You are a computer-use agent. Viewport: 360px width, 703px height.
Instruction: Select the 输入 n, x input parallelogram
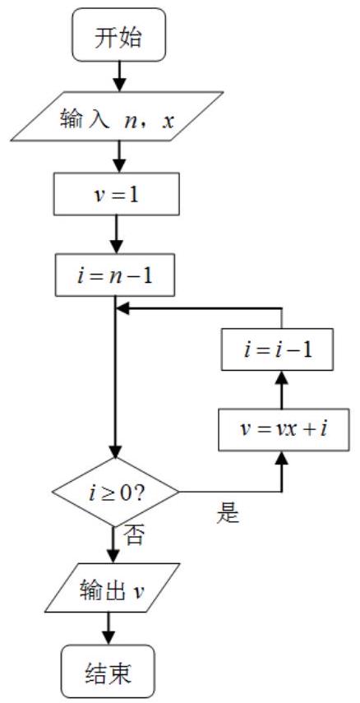[117, 117]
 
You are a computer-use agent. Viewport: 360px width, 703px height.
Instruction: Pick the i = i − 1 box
[278, 349]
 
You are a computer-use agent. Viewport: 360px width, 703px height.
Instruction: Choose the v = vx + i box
[284, 429]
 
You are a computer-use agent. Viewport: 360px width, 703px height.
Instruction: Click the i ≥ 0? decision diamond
[116, 492]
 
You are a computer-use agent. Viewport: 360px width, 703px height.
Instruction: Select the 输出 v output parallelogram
[112, 588]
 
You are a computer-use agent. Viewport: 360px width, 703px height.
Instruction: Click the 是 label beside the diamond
[228, 514]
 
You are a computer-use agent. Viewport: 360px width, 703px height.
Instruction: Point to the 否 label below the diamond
[134, 535]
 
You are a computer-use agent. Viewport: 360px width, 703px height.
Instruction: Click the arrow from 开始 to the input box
[118, 76]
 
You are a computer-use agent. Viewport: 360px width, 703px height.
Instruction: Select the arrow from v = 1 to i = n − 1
[117, 234]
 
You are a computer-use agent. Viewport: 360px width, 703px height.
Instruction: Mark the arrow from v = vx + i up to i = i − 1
[282, 389]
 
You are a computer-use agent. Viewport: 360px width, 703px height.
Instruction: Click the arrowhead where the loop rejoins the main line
[122, 309]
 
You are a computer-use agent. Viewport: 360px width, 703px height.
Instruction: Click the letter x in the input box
[168, 121]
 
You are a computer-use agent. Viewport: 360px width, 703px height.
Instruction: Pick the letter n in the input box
[132, 121]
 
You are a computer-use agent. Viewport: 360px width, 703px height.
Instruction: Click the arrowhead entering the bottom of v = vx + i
[282, 457]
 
